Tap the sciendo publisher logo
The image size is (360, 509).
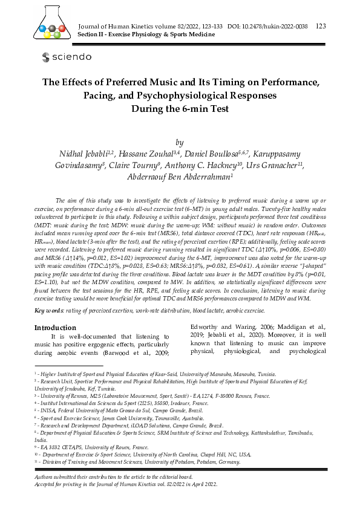coord(67,57)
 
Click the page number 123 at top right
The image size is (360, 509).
coord(321,26)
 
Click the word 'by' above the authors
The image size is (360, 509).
coord(179,142)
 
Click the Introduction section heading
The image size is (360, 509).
coord(54,327)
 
